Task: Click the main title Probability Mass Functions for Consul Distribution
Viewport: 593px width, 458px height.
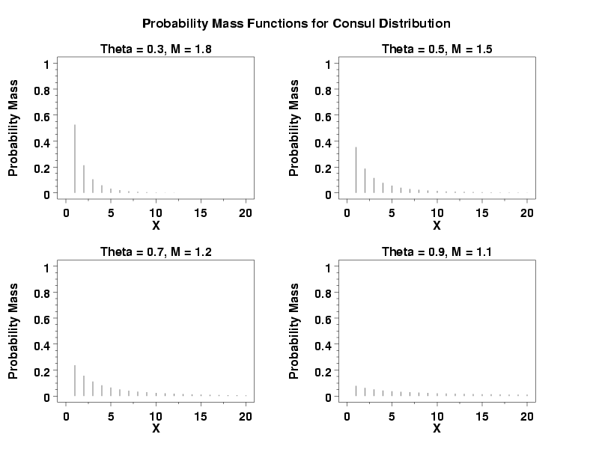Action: [296, 23]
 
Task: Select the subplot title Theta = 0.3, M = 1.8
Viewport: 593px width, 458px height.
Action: [156, 49]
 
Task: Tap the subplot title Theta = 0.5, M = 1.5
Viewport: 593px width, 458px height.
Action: [437, 49]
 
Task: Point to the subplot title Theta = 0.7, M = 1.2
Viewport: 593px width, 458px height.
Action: [156, 252]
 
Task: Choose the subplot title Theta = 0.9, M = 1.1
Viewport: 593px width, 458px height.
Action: [437, 252]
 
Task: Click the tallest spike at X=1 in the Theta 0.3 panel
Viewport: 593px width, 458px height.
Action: [75, 159]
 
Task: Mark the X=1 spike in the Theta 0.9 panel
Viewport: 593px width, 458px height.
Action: [356, 391]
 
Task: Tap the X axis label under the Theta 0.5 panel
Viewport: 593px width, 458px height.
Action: [437, 225]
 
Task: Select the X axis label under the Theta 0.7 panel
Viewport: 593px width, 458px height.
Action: [156, 428]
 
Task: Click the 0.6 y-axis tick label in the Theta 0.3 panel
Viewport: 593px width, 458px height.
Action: [42, 116]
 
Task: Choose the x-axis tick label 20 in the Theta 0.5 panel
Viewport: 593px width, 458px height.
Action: [527, 213]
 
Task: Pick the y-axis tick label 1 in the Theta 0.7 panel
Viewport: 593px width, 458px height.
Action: [46, 267]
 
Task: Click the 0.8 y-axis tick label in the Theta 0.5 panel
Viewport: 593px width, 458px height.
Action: [323, 91]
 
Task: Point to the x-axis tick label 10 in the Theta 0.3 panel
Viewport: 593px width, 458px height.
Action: [156, 213]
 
